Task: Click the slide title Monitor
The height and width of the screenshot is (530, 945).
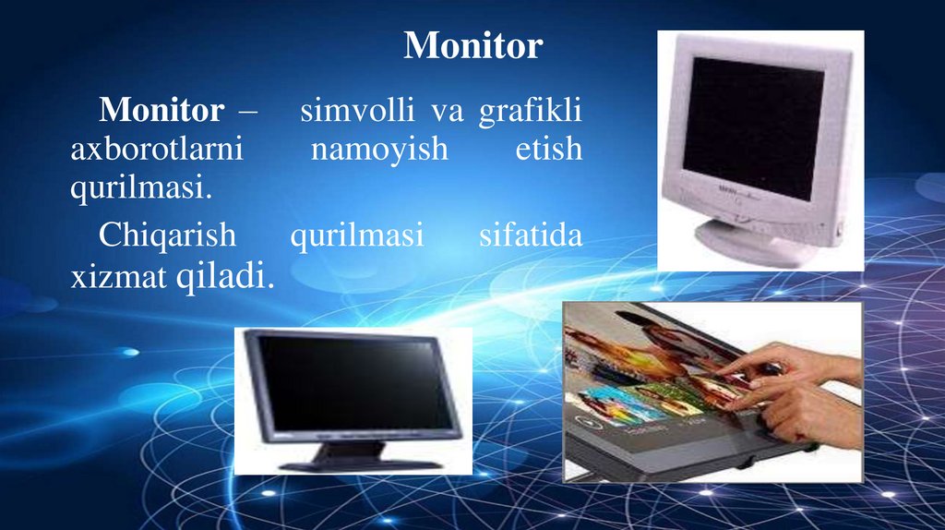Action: tap(472, 45)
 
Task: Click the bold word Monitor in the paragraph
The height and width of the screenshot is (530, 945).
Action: tap(161, 112)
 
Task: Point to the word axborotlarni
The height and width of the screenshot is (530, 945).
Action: tap(156, 150)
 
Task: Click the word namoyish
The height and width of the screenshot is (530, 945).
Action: tap(378, 150)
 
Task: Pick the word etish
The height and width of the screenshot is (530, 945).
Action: tap(548, 150)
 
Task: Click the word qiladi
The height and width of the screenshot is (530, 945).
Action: tap(225, 275)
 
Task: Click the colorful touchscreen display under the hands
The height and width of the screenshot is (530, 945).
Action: tap(646, 379)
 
